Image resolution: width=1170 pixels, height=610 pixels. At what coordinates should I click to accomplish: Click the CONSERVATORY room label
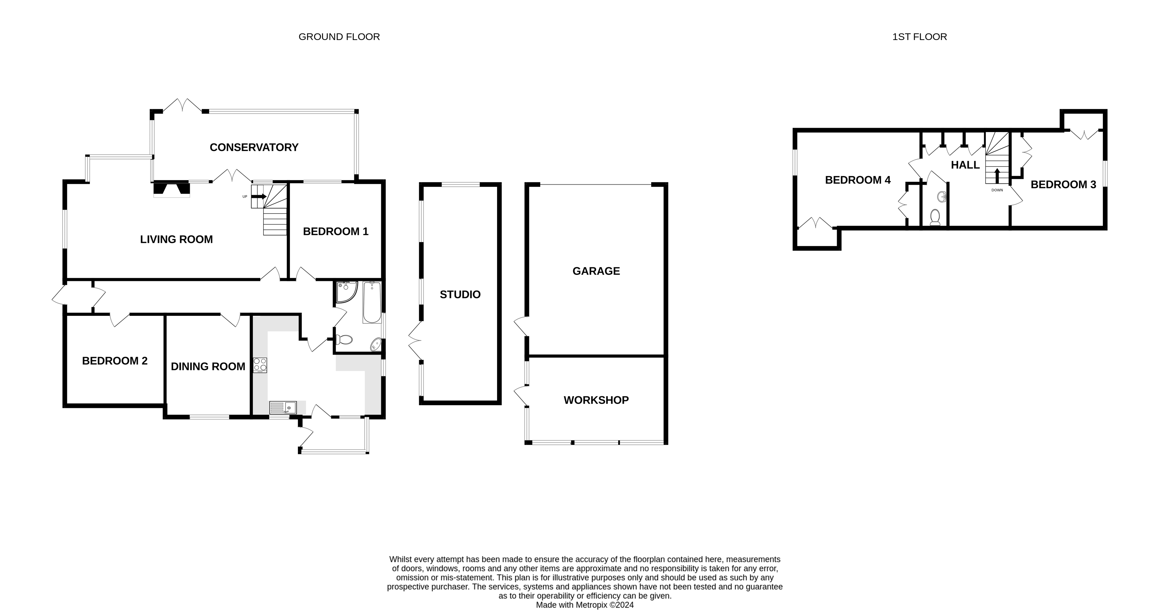click(254, 147)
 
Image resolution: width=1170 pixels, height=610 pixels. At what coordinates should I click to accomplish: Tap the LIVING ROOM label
click(176, 239)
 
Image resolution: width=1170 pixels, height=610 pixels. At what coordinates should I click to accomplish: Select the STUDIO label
click(460, 294)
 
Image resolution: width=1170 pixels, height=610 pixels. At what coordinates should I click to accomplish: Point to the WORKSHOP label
click(596, 400)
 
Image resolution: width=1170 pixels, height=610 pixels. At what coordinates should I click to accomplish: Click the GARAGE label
click(596, 271)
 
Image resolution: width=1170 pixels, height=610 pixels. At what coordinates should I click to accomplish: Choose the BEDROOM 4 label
click(857, 180)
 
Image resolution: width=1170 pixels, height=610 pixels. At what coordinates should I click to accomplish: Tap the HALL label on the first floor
click(965, 165)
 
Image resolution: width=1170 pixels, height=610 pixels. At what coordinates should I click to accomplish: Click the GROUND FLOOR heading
click(339, 37)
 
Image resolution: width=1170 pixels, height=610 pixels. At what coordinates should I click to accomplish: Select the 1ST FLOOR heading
click(919, 37)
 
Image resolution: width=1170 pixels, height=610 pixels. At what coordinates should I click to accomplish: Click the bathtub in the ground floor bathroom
click(372, 302)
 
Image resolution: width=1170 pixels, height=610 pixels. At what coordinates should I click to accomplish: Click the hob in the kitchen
click(260, 365)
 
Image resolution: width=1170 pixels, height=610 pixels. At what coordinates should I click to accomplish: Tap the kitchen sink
click(283, 408)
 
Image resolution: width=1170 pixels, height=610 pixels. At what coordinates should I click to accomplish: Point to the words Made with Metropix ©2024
click(584, 605)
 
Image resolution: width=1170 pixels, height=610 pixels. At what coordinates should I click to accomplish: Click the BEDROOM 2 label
click(114, 361)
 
